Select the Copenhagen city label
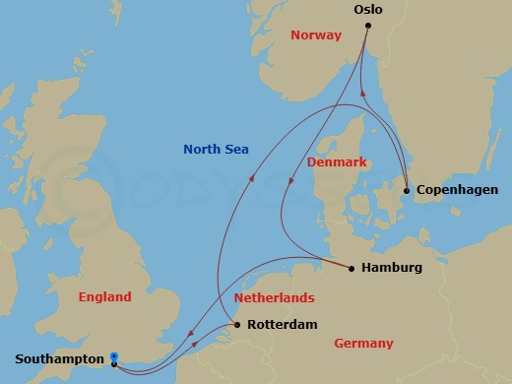click(x=457, y=189)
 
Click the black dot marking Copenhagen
click(x=407, y=189)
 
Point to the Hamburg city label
click(x=392, y=267)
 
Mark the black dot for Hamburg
click(x=352, y=267)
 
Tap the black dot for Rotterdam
click(x=237, y=324)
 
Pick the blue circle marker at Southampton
click(x=114, y=356)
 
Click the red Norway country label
click(x=316, y=35)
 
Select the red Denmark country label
click(x=336, y=160)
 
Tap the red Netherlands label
click(x=274, y=297)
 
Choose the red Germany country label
click(x=363, y=343)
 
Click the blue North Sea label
click(x=216, y=150)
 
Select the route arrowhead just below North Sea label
click(x=251, y=178)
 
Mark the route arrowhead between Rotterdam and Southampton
click(x=195, y=344)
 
